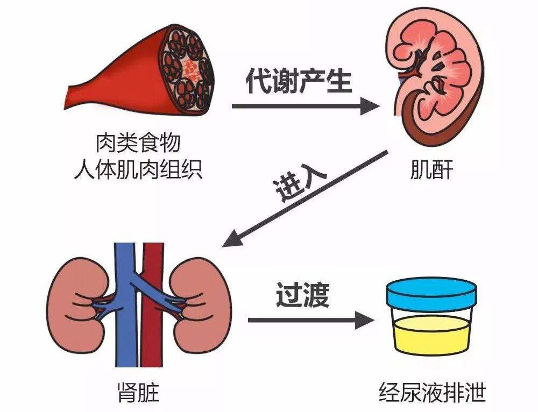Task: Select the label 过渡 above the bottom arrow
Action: coord(302,295)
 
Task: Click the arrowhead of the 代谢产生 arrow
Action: coord(370,106)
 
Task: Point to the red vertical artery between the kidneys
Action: coord(153,306)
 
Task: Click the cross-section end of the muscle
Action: coord(188,69)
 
